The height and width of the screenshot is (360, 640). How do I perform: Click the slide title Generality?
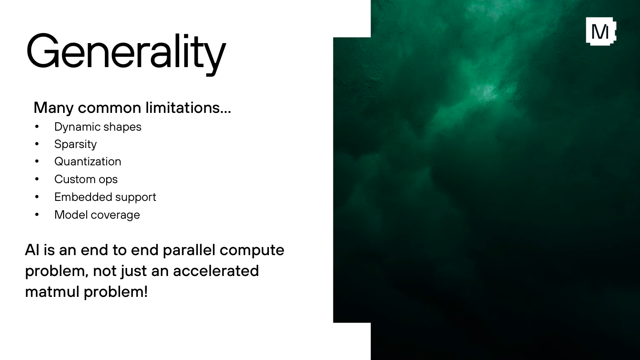click(x=126, y=54)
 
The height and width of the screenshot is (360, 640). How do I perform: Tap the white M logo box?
click(x=601, y=32)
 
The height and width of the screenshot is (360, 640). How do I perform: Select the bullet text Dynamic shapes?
click(x=98, y=127)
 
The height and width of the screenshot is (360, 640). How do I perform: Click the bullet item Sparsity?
click(x=76, y=144)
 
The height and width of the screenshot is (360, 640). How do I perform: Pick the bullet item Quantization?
click(x=88, y=162)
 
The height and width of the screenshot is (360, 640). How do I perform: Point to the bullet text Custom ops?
click(x=86, y=180)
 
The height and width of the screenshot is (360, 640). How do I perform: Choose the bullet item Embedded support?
click(x=105, y=197)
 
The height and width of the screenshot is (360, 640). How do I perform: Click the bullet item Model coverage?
click(x=97, y=215)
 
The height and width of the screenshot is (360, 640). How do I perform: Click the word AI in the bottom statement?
click(x=32, y=250)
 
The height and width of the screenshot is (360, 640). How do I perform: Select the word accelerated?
click(x=216, y=271)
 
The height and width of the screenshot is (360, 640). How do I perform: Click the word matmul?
click(x=52, y=292)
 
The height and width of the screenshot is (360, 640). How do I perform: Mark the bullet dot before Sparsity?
click(x=37, y=144)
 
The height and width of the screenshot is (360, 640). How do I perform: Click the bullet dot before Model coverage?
click(x=37, y=215)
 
